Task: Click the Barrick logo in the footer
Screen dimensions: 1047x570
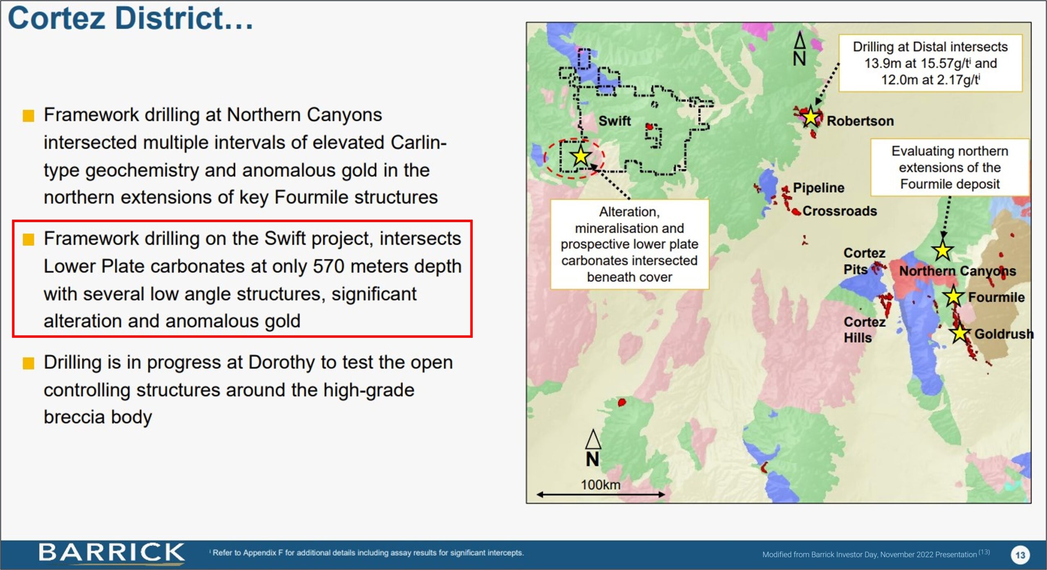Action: pos(111,553)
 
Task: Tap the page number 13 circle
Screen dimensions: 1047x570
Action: pos(1020,555)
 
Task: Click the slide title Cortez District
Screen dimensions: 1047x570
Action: pos(130,18)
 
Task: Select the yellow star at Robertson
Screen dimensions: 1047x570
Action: pos(810,118)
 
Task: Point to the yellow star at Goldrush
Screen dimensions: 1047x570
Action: pos(959,333)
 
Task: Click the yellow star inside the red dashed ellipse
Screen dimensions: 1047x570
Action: pos(580,155)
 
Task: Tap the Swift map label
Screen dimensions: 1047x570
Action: pos(614,121)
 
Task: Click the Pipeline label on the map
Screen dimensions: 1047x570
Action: pos(818,188)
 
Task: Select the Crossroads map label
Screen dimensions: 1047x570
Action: pos(840,211)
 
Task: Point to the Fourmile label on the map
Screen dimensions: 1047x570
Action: pos(996,297)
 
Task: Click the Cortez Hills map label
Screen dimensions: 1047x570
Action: pos(864,330)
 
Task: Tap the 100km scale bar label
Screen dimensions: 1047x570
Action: pos(600,485)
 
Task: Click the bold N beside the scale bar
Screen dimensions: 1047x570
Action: pos(593,460)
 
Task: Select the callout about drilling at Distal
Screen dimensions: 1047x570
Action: pos(930,63)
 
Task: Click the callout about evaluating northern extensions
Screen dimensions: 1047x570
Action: pos(950,168)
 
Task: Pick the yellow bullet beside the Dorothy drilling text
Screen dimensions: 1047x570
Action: pos(28,363)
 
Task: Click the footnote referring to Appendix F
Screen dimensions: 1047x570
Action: pos(367,553)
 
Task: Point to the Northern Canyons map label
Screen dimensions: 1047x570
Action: pos(957,271)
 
